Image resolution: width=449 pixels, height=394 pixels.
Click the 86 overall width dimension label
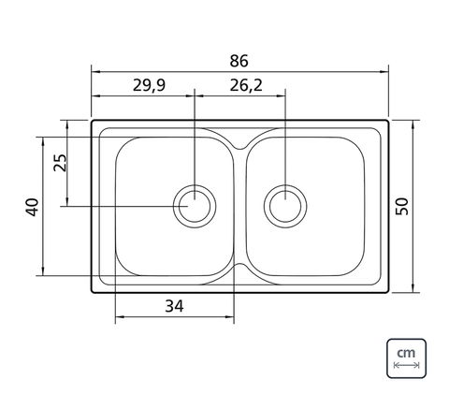[x=239, y=61]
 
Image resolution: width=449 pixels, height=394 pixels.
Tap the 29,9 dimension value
[x=149, y=85]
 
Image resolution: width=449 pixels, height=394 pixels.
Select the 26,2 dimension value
[x=246, y=85]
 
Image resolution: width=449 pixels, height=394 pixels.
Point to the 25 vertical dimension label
[x=60, y=163]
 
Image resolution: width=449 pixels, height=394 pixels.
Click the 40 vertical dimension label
[x=32, y=208]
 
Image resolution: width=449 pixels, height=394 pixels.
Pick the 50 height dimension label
[x=401, y=207]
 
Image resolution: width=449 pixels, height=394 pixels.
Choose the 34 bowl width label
[x=174, y=306]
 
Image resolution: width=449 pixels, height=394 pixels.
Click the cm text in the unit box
[x=406, y=353]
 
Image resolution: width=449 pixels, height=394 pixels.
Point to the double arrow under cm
[x=407, y=365]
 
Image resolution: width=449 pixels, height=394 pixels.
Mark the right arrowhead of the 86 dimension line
[x=384, y=72]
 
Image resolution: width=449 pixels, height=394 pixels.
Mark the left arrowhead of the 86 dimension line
[x=95, y=72]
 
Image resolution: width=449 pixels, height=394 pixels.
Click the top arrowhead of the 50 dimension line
[x=413, y=124]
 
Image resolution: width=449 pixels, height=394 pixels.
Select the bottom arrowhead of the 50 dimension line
[x=413, y=288]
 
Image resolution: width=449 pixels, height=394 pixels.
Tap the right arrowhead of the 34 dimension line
[x=230, y=317]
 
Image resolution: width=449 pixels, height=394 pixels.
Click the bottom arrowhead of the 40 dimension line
[x=43, y=271]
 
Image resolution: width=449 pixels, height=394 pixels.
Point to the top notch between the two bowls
[x=239, y=147]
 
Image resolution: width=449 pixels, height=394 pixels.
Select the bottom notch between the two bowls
[x=239, y=266]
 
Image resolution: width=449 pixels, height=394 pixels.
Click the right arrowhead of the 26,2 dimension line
[x=281, y=95]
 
